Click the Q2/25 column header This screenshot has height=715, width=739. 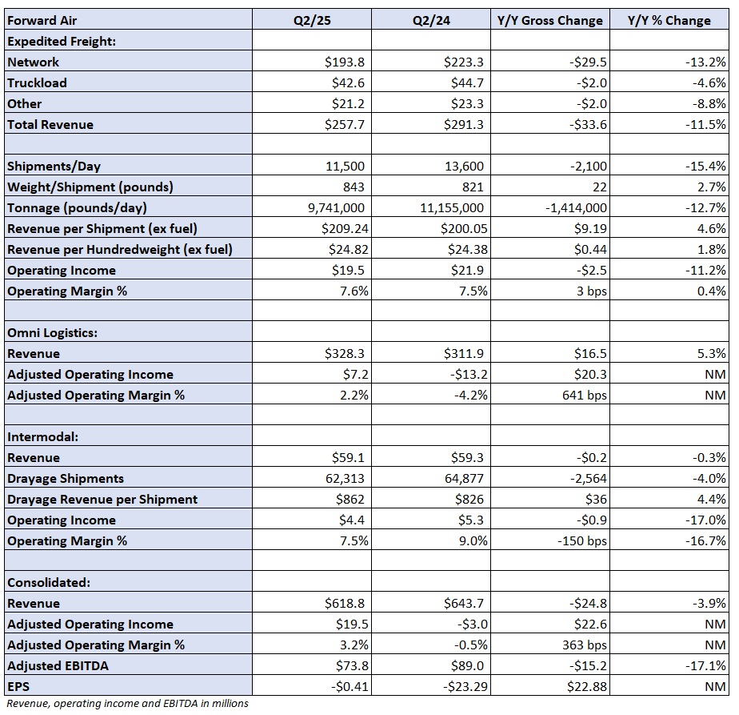point(312,20)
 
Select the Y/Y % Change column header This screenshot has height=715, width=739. point(669,20)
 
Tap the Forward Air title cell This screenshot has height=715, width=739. point(42,20)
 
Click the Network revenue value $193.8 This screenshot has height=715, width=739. point(345,62)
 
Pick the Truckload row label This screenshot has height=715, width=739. point(38,82)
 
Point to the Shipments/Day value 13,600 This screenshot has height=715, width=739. point(464,166)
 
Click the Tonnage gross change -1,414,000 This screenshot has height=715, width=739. point(576,207)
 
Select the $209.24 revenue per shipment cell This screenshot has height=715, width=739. point(345,228)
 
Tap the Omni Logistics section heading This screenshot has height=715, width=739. point(52,333)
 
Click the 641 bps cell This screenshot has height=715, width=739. point(585,395)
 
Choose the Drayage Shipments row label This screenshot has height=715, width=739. point(66,478)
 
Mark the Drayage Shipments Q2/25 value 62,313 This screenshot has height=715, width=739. point(345,478)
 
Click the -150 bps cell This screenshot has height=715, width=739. point(582,540)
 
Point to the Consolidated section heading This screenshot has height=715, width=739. point(49,582)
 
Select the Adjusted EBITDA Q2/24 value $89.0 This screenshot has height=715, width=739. point(469,665)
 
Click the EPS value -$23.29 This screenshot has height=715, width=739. point(465,686)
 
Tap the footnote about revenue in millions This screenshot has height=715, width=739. point(127,703)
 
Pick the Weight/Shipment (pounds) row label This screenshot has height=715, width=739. point(90,187)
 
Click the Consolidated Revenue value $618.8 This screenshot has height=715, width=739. point(345,603)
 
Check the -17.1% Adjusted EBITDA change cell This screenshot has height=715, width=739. point(705,665)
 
